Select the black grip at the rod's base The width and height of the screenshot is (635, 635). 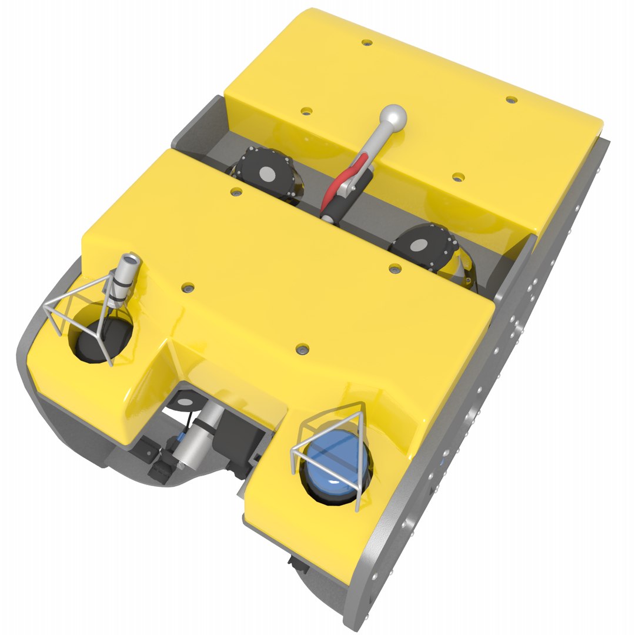(335, 209)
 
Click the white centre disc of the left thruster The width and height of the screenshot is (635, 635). (266, 173)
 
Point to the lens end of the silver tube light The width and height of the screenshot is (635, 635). (131, 259)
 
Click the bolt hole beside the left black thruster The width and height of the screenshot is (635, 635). (236, 192)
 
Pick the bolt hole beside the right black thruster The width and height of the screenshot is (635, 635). (396, 269)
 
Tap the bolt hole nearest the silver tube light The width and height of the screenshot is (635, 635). (188, 288)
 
